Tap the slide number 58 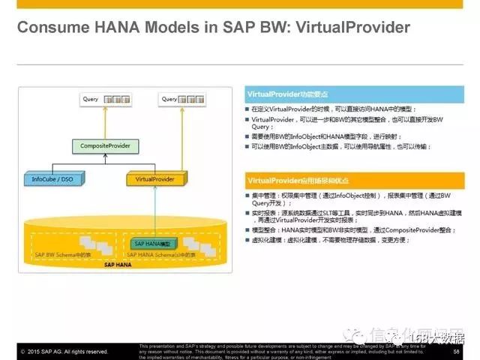[456, 350]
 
